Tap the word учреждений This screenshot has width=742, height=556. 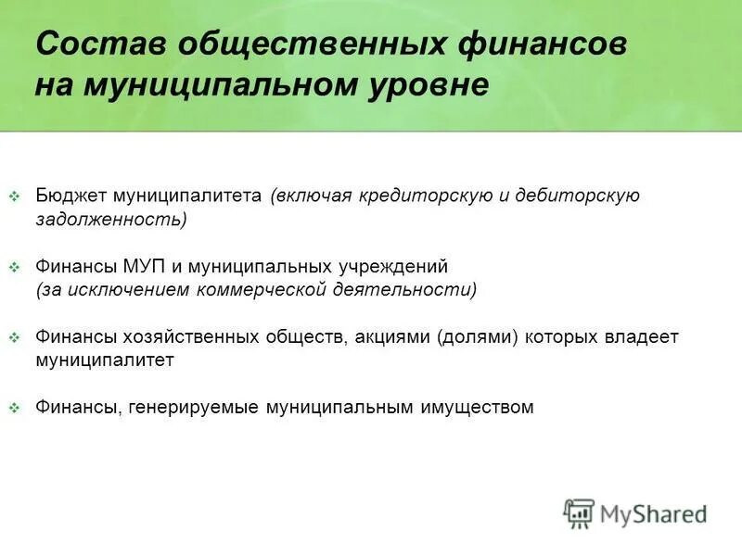click(x=390, y=266)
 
